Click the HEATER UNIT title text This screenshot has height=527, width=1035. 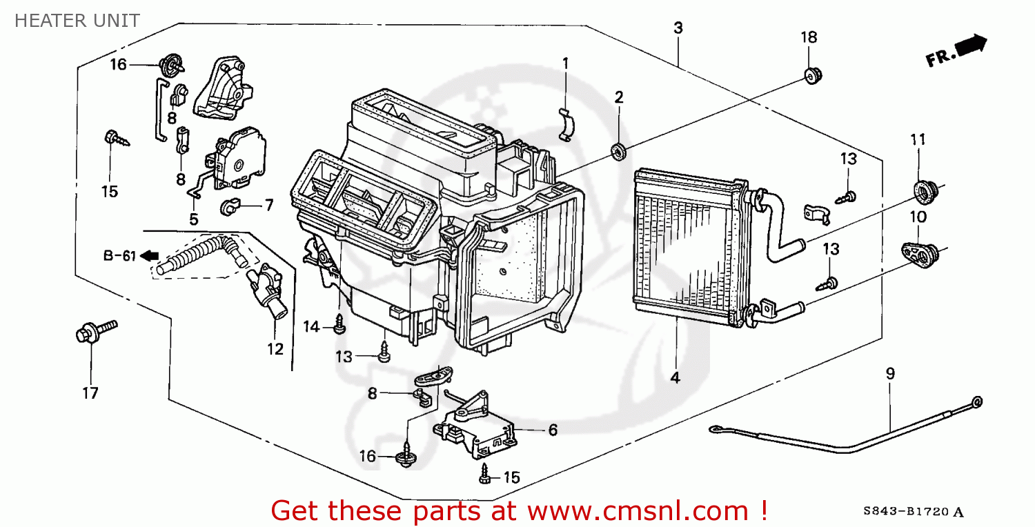pyautogui.click(x=77, y=21)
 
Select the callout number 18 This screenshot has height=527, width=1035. pyautogui.click(x=809, y=37)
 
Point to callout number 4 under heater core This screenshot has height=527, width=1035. pyautogui.click(x=675, y=377)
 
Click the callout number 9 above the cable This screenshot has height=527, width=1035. pyautogui.click(x=890, y=373)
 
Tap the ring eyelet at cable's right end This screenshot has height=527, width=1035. pyautogui.click(x=977, y=401)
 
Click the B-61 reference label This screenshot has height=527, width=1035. pyautogui.click(x=119, y=256)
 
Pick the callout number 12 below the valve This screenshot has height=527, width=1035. pyautogui.click(x=275, y=349)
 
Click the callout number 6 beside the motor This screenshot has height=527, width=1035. pyautogui.click(x=552, y=430)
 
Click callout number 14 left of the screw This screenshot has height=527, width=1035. pyautogui.click(x=313, y=327)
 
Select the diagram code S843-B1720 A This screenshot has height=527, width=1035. pyautogui.click(x=913, y=512)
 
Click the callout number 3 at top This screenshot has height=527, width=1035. pyautogui.click(x=678, y=28)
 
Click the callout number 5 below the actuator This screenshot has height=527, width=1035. pyautogui.click(x=194, y=219)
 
